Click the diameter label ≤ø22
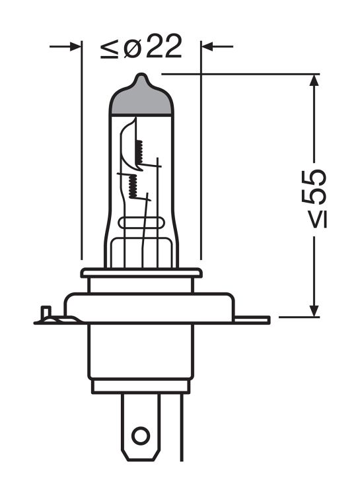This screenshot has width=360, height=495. (141, 48)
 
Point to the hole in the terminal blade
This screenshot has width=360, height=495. (139, 436)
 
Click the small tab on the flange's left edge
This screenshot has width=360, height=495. (46, 312)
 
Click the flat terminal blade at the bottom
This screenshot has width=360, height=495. (139, 429)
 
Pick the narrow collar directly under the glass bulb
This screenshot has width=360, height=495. (140, 273)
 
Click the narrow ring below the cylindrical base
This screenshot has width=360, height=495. (140, 386)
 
